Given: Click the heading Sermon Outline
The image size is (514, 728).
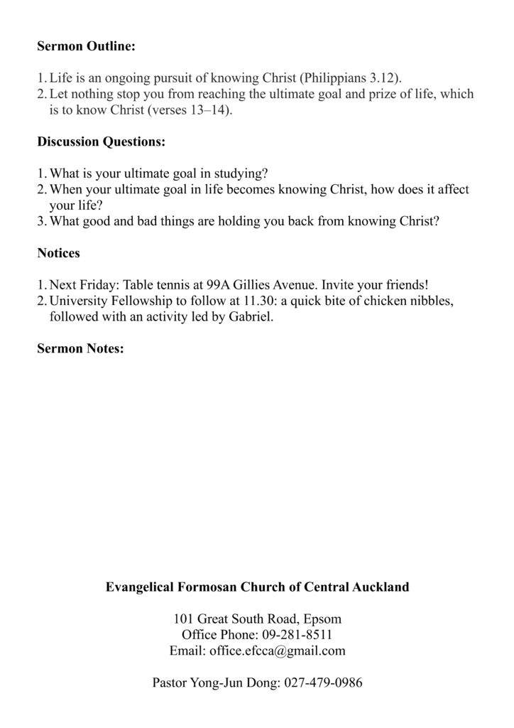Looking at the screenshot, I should pyautogui.click(x=86, y=47).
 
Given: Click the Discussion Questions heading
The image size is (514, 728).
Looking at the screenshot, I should pyautogui.click(x=101, y=141).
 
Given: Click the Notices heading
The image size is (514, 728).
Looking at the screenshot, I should pyautogui.click(x=58, y=252).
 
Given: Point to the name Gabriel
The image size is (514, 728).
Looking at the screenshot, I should pyautogui.click(x=250, y=317).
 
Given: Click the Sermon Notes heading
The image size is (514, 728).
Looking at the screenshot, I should pyautogui.click(x=80, y=348).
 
